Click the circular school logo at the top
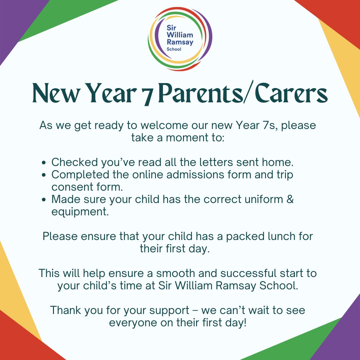[180, 39]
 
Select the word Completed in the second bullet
[80, 174]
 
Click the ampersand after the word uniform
[290, 199]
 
